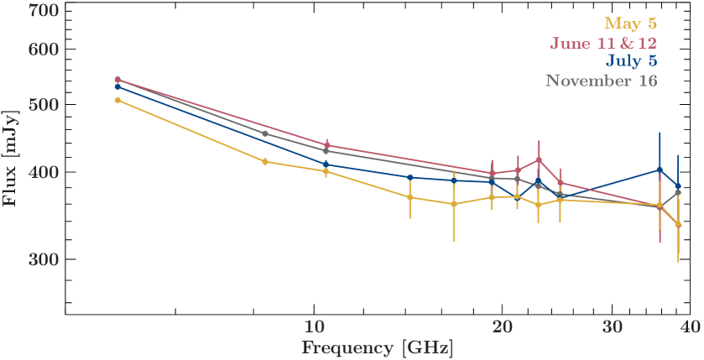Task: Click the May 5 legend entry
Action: (630, 23)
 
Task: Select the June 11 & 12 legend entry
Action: (603, 43)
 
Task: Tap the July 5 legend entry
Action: (630, 61)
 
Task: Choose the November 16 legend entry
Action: (601, 81)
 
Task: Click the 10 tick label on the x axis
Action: (315, 326)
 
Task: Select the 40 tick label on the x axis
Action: (690, 326)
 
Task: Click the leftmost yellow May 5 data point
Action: (117, 100)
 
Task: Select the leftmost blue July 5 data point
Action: (117, 86)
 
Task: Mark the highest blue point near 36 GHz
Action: (660, 170)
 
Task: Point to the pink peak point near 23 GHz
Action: (538, 159)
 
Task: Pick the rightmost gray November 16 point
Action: (678, 193)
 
